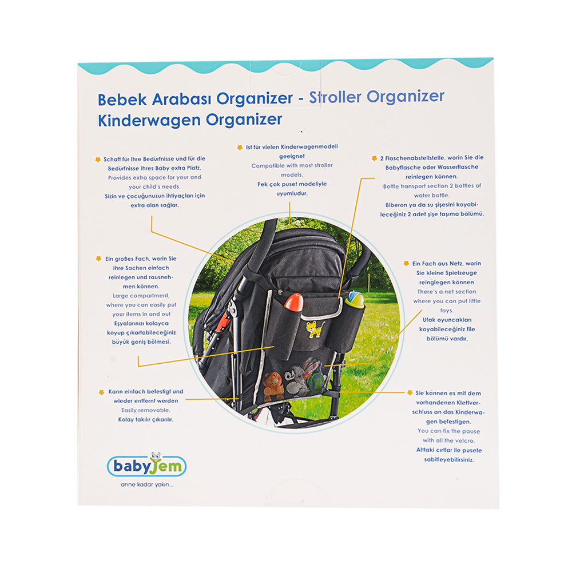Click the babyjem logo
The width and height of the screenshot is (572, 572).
click(146, 465)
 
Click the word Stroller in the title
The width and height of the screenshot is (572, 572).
click(335, 97)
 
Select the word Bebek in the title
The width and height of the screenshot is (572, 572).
click(122, 100)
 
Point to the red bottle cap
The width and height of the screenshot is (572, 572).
click(294, 302)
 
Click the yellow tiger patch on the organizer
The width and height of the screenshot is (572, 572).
click(315, 329)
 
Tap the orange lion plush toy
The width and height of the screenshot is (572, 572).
click(273, 386)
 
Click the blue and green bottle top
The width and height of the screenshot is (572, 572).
click(355, 299)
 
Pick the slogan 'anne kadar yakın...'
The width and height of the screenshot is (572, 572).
click(146, 485)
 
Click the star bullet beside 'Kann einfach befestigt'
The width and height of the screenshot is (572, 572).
click(101, 392)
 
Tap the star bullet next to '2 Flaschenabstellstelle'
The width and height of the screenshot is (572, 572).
click(374, 158)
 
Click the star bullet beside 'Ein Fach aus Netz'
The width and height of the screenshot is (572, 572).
click(406, 263)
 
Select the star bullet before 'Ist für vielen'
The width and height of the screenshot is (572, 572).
click(240, 148)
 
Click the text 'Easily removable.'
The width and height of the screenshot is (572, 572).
click(145, 410)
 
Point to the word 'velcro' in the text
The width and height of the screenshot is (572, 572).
click(464, 440)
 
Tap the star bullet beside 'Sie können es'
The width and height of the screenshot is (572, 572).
click(410, 392)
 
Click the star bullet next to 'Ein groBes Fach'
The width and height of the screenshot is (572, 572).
click(98, 259)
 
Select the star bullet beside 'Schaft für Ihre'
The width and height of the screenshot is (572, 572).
click(98, 160)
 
